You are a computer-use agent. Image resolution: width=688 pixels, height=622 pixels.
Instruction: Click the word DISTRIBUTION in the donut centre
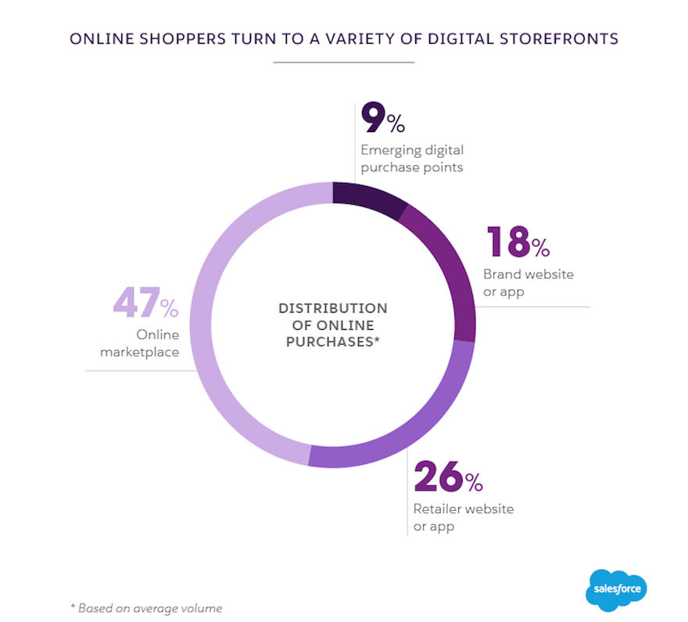332,308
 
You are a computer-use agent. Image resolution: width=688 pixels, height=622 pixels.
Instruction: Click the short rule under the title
344,61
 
